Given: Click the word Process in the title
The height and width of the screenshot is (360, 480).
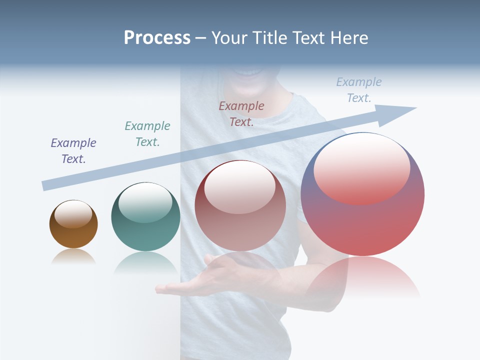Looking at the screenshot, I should point(157,38).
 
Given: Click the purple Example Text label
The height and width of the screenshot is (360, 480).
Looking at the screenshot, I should point(73,150).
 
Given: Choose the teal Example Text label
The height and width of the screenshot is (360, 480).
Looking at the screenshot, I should point(147,133).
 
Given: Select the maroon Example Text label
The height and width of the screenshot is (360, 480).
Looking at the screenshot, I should point(241,113).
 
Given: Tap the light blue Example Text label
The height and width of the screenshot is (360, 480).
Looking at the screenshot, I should point(359,89).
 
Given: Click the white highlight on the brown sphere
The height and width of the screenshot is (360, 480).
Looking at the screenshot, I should point(73,213).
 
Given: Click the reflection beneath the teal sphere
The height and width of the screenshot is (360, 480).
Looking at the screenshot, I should point(145,262).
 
